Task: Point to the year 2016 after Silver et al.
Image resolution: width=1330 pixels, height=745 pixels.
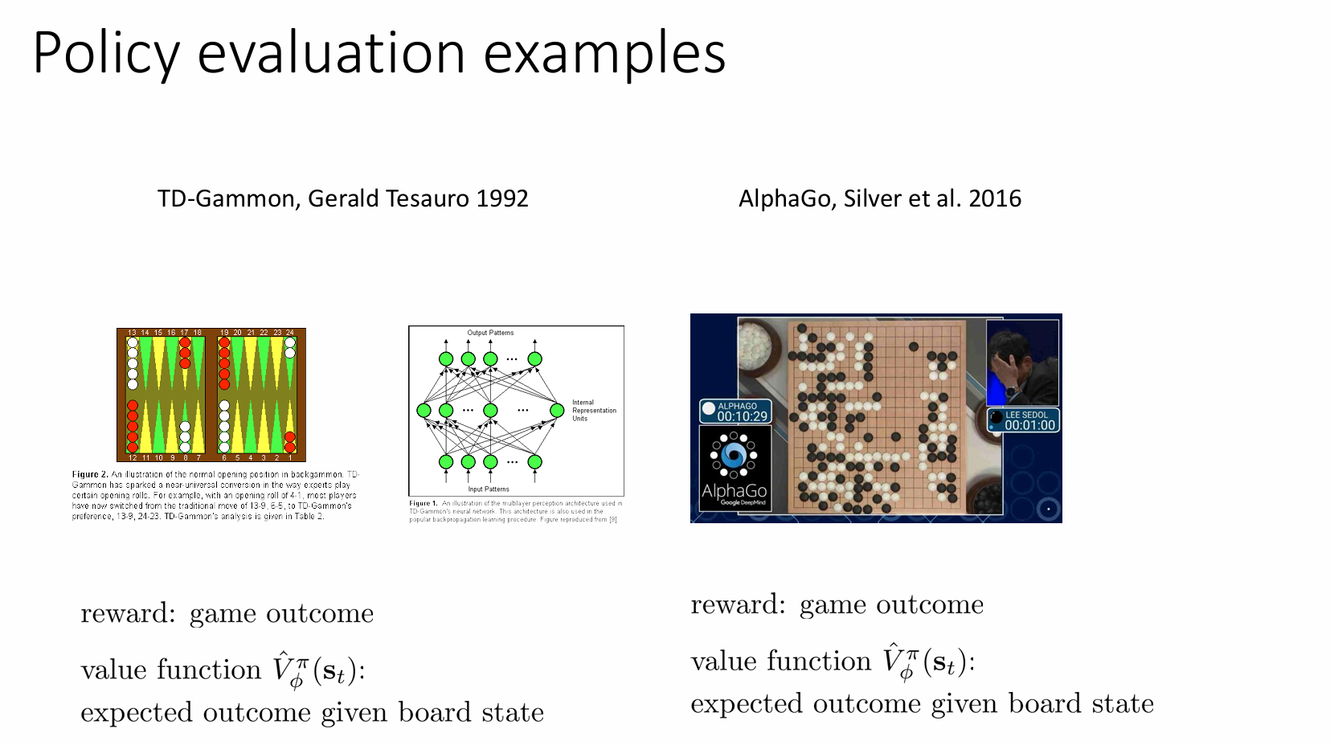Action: point(995,199)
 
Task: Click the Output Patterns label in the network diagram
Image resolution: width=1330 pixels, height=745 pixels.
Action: point(490,333)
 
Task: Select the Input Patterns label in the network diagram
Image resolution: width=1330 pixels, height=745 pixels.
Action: point(489,489)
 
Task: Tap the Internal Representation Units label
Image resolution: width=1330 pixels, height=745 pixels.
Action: point(593,411)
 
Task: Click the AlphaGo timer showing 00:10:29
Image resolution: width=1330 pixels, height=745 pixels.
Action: point(742,416)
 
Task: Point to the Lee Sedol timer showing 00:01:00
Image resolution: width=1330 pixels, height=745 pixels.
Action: point(1029,425)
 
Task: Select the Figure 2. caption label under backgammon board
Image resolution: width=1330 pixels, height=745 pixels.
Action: point(90,475)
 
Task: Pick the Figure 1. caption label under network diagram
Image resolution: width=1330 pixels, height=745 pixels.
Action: point(423,504)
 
